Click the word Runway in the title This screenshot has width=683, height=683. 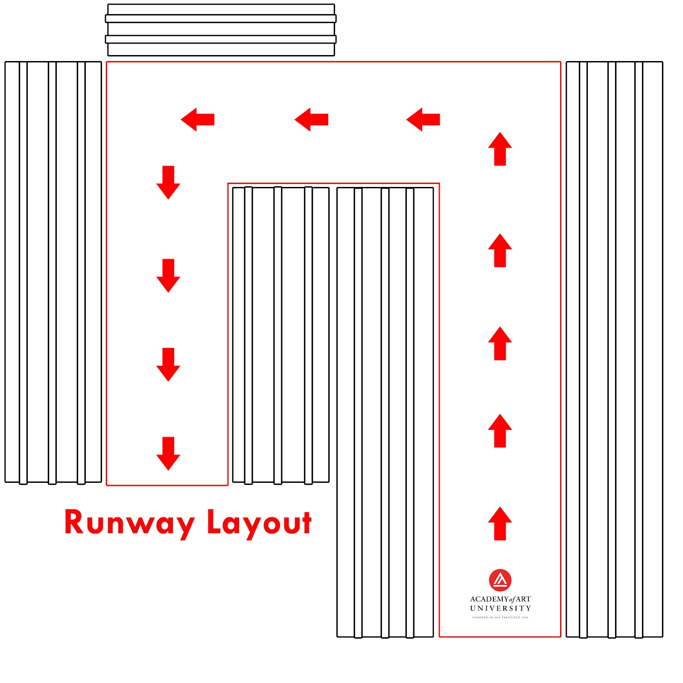[130, 523]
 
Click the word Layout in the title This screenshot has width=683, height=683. [260, 523]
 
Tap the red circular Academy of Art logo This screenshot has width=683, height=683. [500, 580]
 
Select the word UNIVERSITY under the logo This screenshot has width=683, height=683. [501, 608]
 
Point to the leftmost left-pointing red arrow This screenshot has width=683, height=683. [198, 120]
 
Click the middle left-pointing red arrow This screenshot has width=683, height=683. [312, 120]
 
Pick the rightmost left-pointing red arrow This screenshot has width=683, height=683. [423, 120]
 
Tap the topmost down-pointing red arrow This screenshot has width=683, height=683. [168, 183]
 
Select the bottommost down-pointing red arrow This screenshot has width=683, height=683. [168, 454]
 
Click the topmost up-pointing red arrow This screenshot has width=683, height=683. [500, 149]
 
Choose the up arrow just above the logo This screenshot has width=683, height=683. [500, 523]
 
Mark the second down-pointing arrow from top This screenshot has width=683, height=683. [168, 276]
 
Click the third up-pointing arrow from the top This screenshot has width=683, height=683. [500, 343]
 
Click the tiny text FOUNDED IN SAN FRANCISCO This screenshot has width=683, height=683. [500, 617]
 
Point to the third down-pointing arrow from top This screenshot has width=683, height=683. [168, 365]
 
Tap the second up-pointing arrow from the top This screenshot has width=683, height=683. [500, 250]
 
